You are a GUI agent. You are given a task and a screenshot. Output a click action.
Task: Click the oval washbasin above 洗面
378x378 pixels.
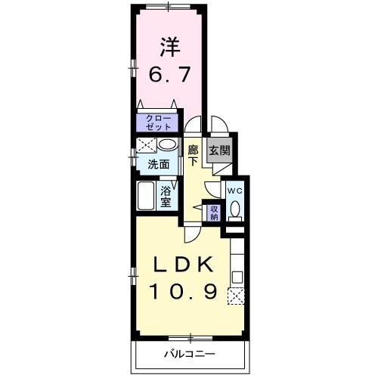pyautogui.click(x=169, y=144)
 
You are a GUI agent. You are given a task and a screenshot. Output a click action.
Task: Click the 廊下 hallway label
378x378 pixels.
pyautogui.click(x=194, y=155)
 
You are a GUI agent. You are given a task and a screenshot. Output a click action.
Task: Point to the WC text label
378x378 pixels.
pyautogui.click(x=235, y=191)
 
